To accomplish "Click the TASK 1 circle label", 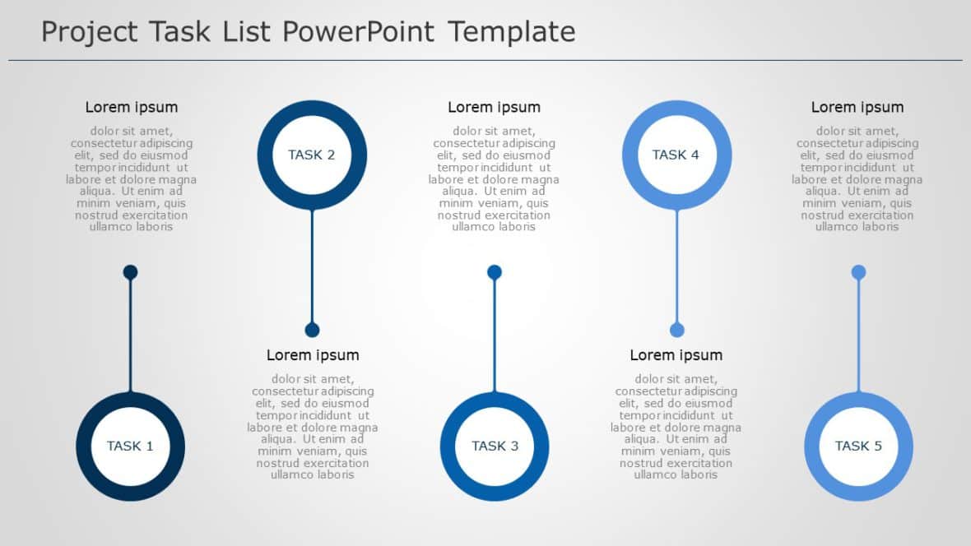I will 130,446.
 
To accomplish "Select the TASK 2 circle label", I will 312,155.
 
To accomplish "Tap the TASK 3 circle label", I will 495,446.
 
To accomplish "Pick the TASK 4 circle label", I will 676,155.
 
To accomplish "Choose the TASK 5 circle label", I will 858,446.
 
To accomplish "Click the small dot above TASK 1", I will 130,272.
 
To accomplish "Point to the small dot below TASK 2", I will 312,330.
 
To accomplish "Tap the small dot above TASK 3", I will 495,272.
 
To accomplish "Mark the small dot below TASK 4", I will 676,330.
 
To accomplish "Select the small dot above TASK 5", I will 858,272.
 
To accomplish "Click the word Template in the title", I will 512,32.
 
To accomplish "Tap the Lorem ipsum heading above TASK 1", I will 132,107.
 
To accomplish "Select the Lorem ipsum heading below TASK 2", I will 313,355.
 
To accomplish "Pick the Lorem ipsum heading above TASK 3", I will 494,107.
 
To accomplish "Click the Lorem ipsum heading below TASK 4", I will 676,355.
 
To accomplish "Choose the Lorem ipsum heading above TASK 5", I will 857,107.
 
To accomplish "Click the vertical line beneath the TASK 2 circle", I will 312,263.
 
